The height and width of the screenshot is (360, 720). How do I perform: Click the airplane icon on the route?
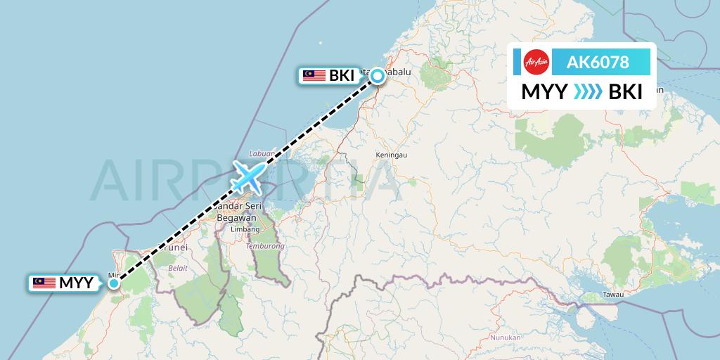click(248, 176)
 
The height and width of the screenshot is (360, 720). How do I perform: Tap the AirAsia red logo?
click(536, 62)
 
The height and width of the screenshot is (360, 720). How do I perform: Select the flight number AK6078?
click(598, 62)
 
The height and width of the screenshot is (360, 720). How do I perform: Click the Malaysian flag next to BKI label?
click(314, 76)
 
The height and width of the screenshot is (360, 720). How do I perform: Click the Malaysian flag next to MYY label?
click(44, 283)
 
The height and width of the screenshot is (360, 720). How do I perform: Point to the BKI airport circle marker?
click(378, 76)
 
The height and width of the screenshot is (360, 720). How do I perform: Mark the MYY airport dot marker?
click(113, 283)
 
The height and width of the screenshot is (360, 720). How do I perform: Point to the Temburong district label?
click(265, 247)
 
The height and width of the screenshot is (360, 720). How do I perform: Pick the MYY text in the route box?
click(545, 92)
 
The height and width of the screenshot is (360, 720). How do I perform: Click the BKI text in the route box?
click(625, 92)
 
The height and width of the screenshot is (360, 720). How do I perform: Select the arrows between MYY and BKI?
click(587, 92)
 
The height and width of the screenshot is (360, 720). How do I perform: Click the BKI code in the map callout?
click(342, 76)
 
